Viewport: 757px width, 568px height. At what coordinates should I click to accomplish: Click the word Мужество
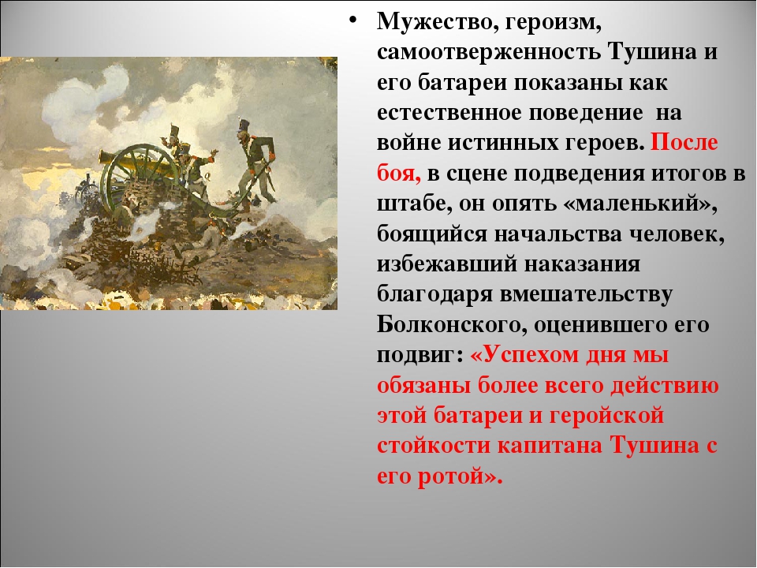(431, 23)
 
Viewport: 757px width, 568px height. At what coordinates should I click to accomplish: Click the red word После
(684, 143)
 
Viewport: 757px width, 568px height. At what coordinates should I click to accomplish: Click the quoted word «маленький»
(640, 204)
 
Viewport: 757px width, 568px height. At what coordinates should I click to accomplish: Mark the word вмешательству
(586, 295)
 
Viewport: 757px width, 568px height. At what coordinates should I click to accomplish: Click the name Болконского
(451, 325)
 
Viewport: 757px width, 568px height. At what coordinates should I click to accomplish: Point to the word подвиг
(416, 356)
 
